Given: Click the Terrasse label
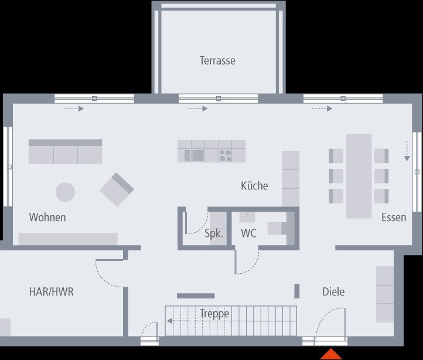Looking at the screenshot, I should click(217, 60).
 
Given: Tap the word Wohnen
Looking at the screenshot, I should click(47, 217).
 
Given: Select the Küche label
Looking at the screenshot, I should click(254, 186).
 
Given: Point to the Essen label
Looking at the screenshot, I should click(394, 218).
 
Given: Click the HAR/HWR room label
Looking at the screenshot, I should click(52, 291).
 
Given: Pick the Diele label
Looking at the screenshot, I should click(333, 291).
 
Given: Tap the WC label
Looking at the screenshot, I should click(248, 233).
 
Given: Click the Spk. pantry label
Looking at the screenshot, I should click(214, 233).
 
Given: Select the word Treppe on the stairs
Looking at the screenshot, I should click(214, 314).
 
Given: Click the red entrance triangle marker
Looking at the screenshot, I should click(331, 354).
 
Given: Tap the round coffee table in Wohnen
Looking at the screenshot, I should click(65, 192).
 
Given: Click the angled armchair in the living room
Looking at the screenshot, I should click(117, 189).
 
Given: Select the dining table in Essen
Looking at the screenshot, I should click(359, 176).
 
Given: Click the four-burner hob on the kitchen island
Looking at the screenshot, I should click(225, 155).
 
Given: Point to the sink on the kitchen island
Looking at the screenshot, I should click(195, 155).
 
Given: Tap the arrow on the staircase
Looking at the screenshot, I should click(169, 321).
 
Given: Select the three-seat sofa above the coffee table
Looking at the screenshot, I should click(65, 151).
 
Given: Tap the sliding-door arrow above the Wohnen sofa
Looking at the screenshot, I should click(74, 108).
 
